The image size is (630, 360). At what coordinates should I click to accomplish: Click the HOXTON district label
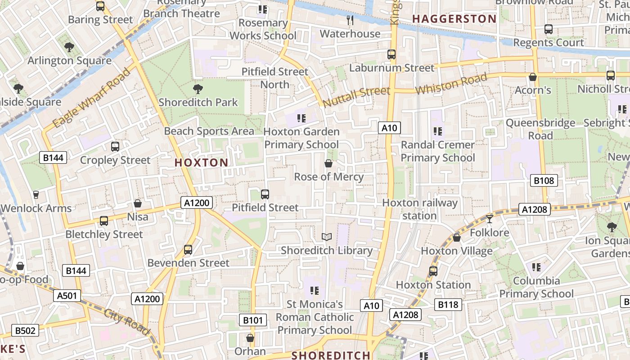[x=201, y=162]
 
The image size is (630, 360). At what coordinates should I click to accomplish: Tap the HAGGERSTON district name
[x=454, y=19]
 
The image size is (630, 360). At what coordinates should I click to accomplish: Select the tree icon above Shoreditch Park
[x=198, y=89]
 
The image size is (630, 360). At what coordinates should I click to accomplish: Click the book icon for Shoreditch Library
[x=327, y=237]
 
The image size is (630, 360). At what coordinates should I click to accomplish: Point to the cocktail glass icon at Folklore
[x=490, y=219]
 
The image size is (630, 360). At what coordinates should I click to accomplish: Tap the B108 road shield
[x=544, y=180]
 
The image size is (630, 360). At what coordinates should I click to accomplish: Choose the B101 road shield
[x=252, y=320]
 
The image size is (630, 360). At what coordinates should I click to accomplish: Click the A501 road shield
[x=67, y=296]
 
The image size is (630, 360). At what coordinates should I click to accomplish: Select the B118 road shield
[x=448, y=305]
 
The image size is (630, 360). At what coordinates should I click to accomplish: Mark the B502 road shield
[x=25, y=330]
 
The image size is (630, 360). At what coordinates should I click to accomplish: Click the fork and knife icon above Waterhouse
[x=350, y=20]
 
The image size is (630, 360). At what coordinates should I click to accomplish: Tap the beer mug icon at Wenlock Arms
[x=36, y=194]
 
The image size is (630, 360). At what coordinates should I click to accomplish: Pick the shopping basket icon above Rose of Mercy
[x=328, y=163]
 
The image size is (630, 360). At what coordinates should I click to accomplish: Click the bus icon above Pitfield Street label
[x=265, y=194]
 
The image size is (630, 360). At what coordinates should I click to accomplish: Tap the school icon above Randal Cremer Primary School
[x=437, y=131]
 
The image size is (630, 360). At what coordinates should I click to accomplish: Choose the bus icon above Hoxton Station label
[x=433, y=271]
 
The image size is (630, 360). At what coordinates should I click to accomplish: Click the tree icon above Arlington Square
[x=69, y=47]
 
